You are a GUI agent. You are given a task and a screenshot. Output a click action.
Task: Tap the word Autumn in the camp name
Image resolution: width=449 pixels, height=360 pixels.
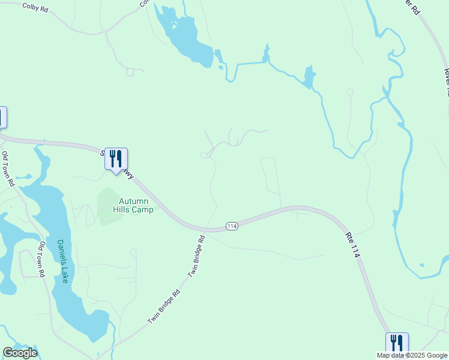point(133,201)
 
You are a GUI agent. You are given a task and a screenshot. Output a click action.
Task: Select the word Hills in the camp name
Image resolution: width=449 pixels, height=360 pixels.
point(123,209)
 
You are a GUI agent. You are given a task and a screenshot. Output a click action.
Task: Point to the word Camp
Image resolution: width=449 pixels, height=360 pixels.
point(143,209)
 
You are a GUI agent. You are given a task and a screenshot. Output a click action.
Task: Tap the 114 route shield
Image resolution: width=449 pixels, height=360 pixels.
point(232,226)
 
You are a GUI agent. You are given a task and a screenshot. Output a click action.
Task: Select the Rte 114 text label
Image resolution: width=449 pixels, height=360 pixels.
point(353,245)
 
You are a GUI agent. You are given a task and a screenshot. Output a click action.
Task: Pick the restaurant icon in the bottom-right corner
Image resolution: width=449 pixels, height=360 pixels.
point(397,344)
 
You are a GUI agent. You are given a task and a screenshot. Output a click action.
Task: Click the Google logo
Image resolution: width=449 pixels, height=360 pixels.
point(20,353)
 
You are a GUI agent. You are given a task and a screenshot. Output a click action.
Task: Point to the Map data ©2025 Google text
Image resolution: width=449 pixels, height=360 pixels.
point(412,355)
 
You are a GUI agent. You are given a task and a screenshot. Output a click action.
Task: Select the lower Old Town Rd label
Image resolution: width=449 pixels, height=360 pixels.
point(42,259)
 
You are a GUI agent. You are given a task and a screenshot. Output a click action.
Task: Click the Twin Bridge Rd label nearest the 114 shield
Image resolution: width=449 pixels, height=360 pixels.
point(196,255)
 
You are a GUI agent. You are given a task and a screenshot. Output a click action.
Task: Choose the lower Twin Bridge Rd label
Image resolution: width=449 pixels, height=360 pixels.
point(164,308)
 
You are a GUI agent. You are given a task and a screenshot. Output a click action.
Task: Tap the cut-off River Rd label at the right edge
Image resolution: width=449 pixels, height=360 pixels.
point(446,81)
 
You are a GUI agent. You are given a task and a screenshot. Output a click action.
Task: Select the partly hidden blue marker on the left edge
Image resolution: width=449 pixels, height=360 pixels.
point(2,117)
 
